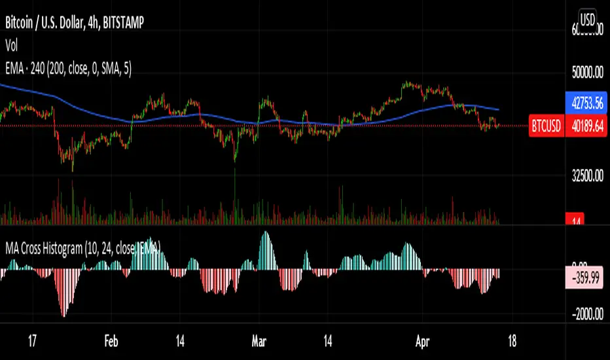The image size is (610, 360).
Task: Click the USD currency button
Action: tap(587, 20)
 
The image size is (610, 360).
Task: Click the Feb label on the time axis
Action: tap(112, 341)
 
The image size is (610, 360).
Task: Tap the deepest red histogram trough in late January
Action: tap(64, 314)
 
